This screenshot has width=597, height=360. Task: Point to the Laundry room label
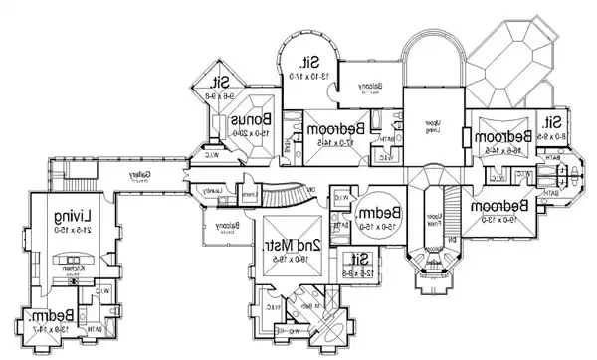tap(214, 189)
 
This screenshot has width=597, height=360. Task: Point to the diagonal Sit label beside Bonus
tap(223, 83)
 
